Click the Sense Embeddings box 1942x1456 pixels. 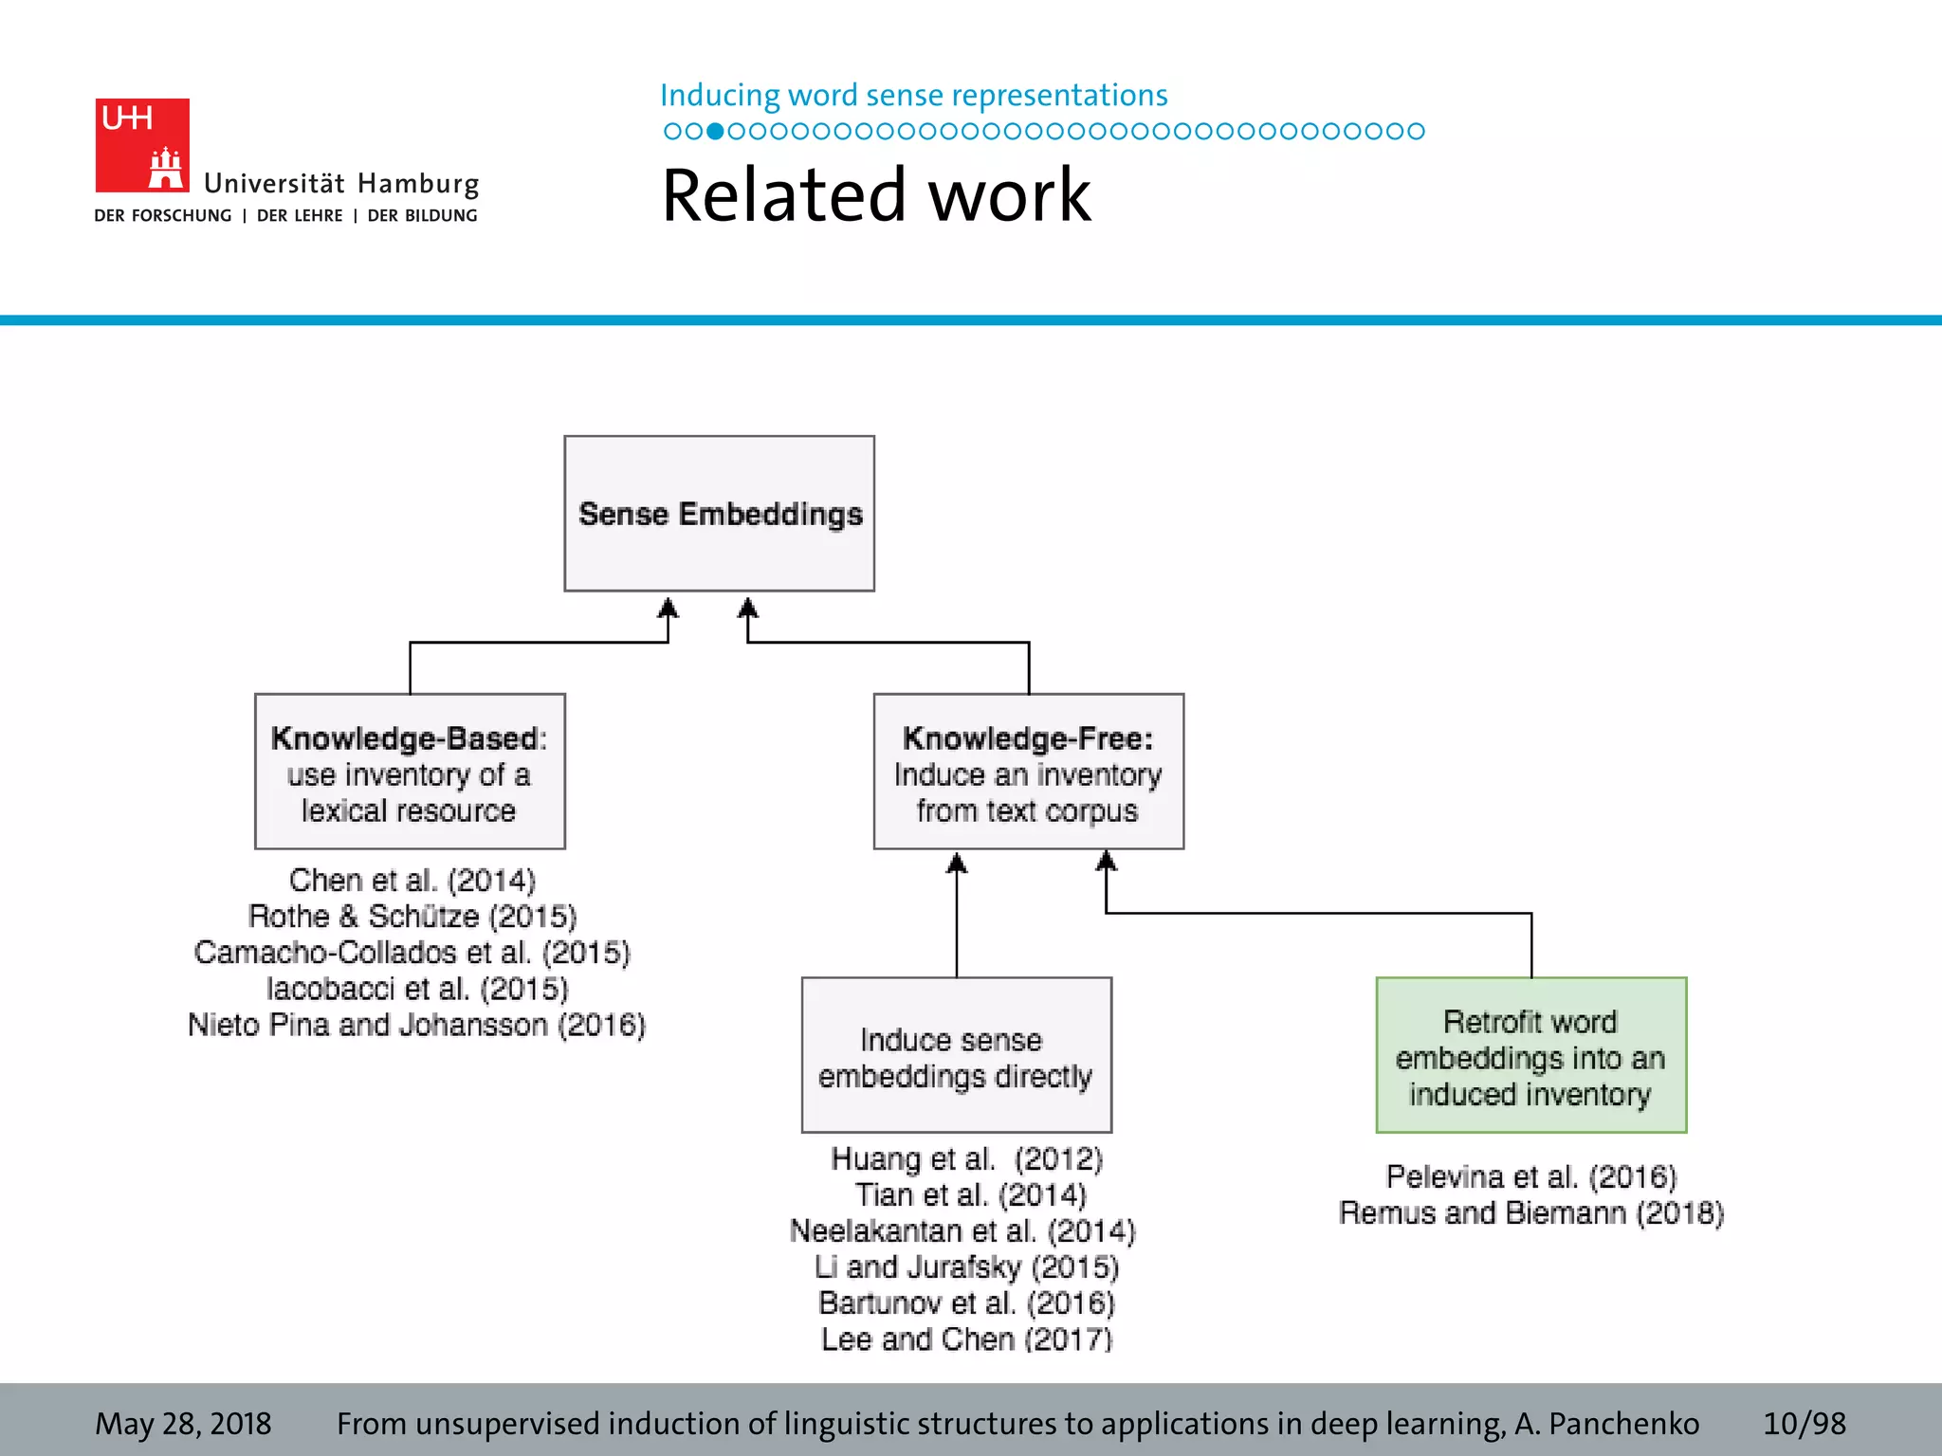point(719,514)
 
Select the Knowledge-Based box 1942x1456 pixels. point(410,772)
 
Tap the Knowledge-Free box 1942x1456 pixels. point(1028,772)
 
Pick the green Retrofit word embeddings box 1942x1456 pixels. point(1530,1055)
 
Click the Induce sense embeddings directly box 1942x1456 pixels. point(956,1055)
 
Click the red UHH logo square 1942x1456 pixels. point(142,145)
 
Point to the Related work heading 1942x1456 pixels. point(876,195)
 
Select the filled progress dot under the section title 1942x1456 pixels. point(715,131)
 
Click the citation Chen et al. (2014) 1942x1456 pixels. point(412,881)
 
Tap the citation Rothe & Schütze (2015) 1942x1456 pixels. point(412,917)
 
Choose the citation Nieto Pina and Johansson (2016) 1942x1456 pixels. point(416,1025)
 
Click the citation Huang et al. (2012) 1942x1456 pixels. point(966,1159)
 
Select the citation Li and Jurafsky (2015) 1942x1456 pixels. point(966,1267)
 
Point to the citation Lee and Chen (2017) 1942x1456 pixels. point(966,1339)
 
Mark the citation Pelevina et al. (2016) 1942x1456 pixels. point(1530,1177)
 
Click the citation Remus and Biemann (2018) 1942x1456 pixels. point(1530,1213)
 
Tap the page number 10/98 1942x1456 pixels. point(1804,1424)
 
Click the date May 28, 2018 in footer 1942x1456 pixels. point(183,1424)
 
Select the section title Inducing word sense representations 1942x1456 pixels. point(913,96)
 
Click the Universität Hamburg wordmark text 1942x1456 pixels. point(341,183)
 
